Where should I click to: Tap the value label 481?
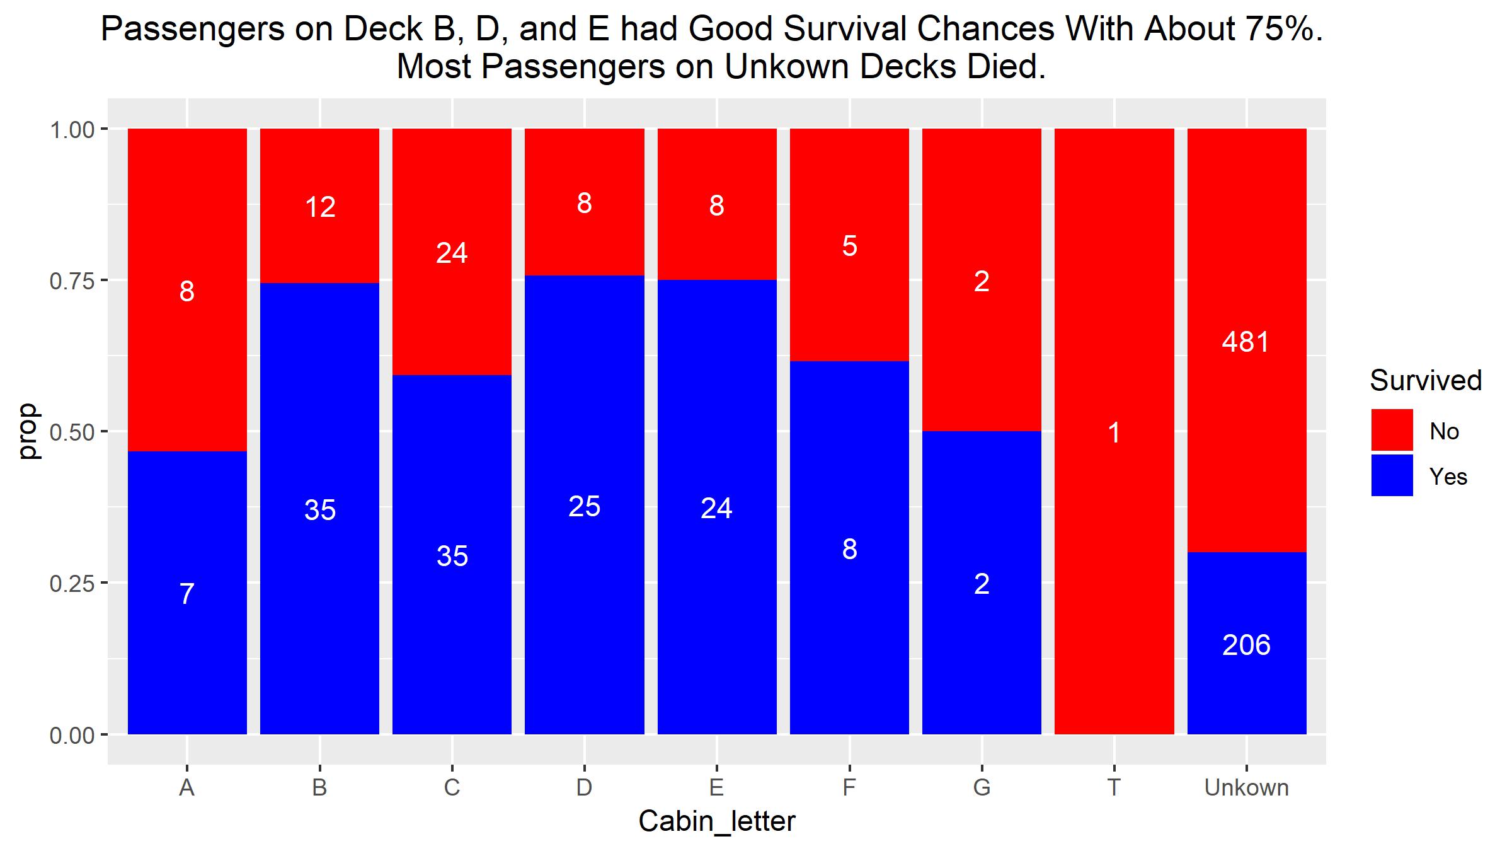(x=1246, y=342)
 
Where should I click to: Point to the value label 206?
(x=1246, y=645)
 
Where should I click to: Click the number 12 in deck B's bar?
(x=320, y=207)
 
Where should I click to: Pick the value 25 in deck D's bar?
(x=584, y=507)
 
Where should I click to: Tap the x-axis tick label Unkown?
(x=1246, y=788)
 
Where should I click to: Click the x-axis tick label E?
(x=716, y=788)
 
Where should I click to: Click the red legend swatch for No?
(x=1392, y=430)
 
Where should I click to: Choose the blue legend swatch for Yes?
(x=1392, y=475)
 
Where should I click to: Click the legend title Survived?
(x=1425, y=381)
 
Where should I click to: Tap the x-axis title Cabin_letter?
(x=716, y=821)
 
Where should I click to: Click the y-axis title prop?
(x=28, y=431)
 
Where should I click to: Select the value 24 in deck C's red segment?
(x=452, y=253)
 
